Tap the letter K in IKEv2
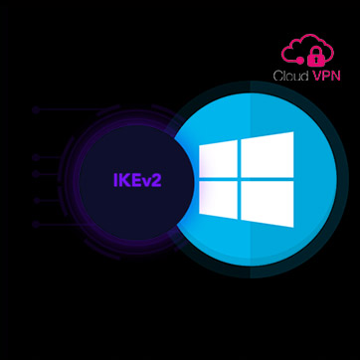123,180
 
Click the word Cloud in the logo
291,77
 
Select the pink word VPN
326,77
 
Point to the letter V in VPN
317,77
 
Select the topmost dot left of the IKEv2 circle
36,110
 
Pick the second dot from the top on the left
36,157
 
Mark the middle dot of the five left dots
36,175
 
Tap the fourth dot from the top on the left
36,201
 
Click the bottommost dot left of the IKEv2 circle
36,225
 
